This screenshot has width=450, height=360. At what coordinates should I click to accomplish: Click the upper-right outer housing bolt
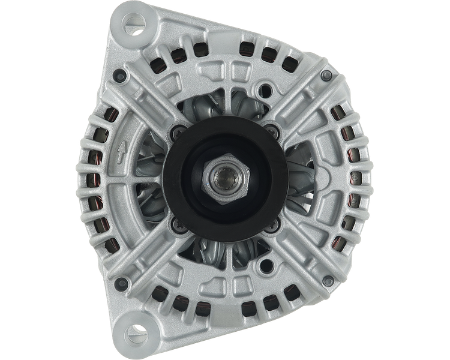click(x=326, y=74)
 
